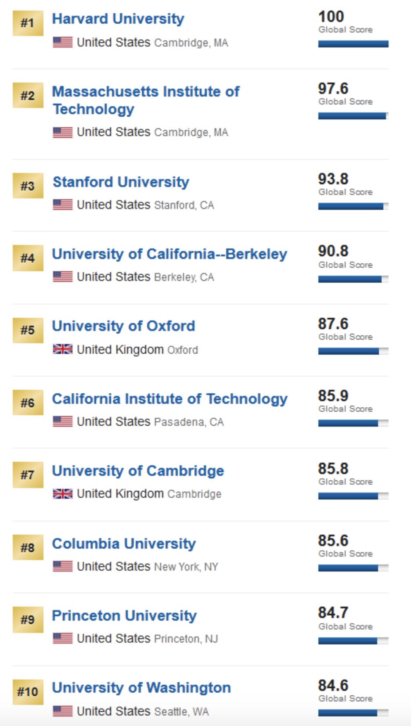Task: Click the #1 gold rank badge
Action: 28,23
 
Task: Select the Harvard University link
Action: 118,19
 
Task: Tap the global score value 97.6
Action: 333,89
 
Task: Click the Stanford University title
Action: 121,182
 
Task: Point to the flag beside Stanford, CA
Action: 62,205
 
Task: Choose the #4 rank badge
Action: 28,258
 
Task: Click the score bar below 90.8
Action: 353,279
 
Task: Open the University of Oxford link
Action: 123,326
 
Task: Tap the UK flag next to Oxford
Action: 62,349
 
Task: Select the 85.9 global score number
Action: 333,396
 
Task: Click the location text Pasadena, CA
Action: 189,422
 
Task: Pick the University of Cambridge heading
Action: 138,471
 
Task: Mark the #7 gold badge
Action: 28,475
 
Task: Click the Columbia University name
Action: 124,544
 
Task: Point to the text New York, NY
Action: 186,567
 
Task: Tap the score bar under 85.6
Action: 353,568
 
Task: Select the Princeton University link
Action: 124,616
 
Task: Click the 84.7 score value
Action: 333,613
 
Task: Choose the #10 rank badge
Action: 28,692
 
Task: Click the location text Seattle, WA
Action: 181,712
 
